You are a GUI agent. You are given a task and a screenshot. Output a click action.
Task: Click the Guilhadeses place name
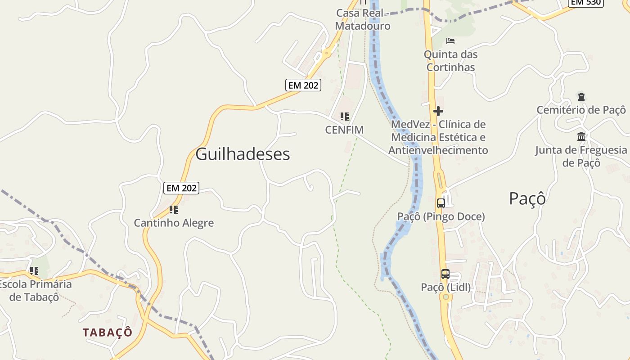pos(243,154)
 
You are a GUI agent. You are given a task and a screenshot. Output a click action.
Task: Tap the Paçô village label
pos(527,198)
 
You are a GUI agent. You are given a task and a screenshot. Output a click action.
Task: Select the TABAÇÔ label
pos(108,333)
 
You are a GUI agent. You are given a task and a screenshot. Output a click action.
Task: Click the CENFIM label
pos(344,130)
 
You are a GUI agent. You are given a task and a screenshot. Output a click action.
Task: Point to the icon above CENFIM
pos(345,117)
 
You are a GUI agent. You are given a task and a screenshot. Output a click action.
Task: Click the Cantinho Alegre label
pos(174,223)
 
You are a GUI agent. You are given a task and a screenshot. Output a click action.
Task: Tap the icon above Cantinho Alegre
pos(174,209)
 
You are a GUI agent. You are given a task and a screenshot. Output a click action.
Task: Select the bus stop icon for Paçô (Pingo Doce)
pos(441,203)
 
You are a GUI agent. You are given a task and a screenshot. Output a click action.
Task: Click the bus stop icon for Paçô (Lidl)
pos(445,274)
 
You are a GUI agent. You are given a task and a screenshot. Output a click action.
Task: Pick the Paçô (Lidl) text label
pos(446,287)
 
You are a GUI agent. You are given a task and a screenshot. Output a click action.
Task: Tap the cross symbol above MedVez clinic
pos(438,111)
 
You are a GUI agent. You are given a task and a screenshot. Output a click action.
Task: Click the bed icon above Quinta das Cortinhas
pos(450,41)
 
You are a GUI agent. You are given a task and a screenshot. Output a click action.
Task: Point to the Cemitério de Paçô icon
pos(581,96)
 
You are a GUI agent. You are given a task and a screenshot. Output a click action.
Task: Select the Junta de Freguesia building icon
pos(581,136)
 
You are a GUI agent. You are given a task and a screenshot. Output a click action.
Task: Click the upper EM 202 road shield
pos(303,85)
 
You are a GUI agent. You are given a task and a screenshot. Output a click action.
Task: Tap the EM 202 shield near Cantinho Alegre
pos(181,188)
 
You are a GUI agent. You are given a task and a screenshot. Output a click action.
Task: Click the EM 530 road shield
pos(585,2)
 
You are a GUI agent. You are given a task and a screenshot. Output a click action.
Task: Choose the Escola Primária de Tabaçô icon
pos(34,271)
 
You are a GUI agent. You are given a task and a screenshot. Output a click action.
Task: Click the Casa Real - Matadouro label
pos(363,19)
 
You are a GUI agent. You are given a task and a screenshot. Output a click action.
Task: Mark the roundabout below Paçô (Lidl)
pos(445,297)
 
